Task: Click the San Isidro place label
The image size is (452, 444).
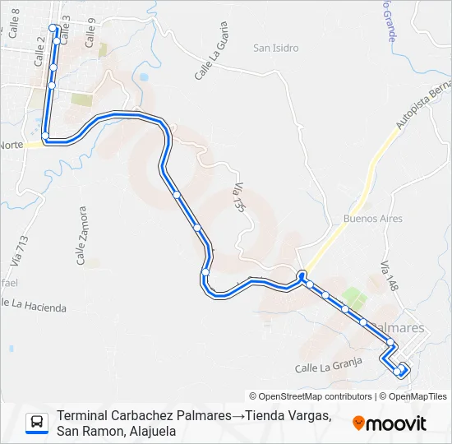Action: point(274,48)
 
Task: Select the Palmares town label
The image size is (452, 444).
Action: point(404,328)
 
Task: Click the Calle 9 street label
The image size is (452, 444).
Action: point(90,30)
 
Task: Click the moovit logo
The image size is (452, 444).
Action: point(390,423)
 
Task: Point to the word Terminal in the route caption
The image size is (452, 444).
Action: point(83,416)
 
